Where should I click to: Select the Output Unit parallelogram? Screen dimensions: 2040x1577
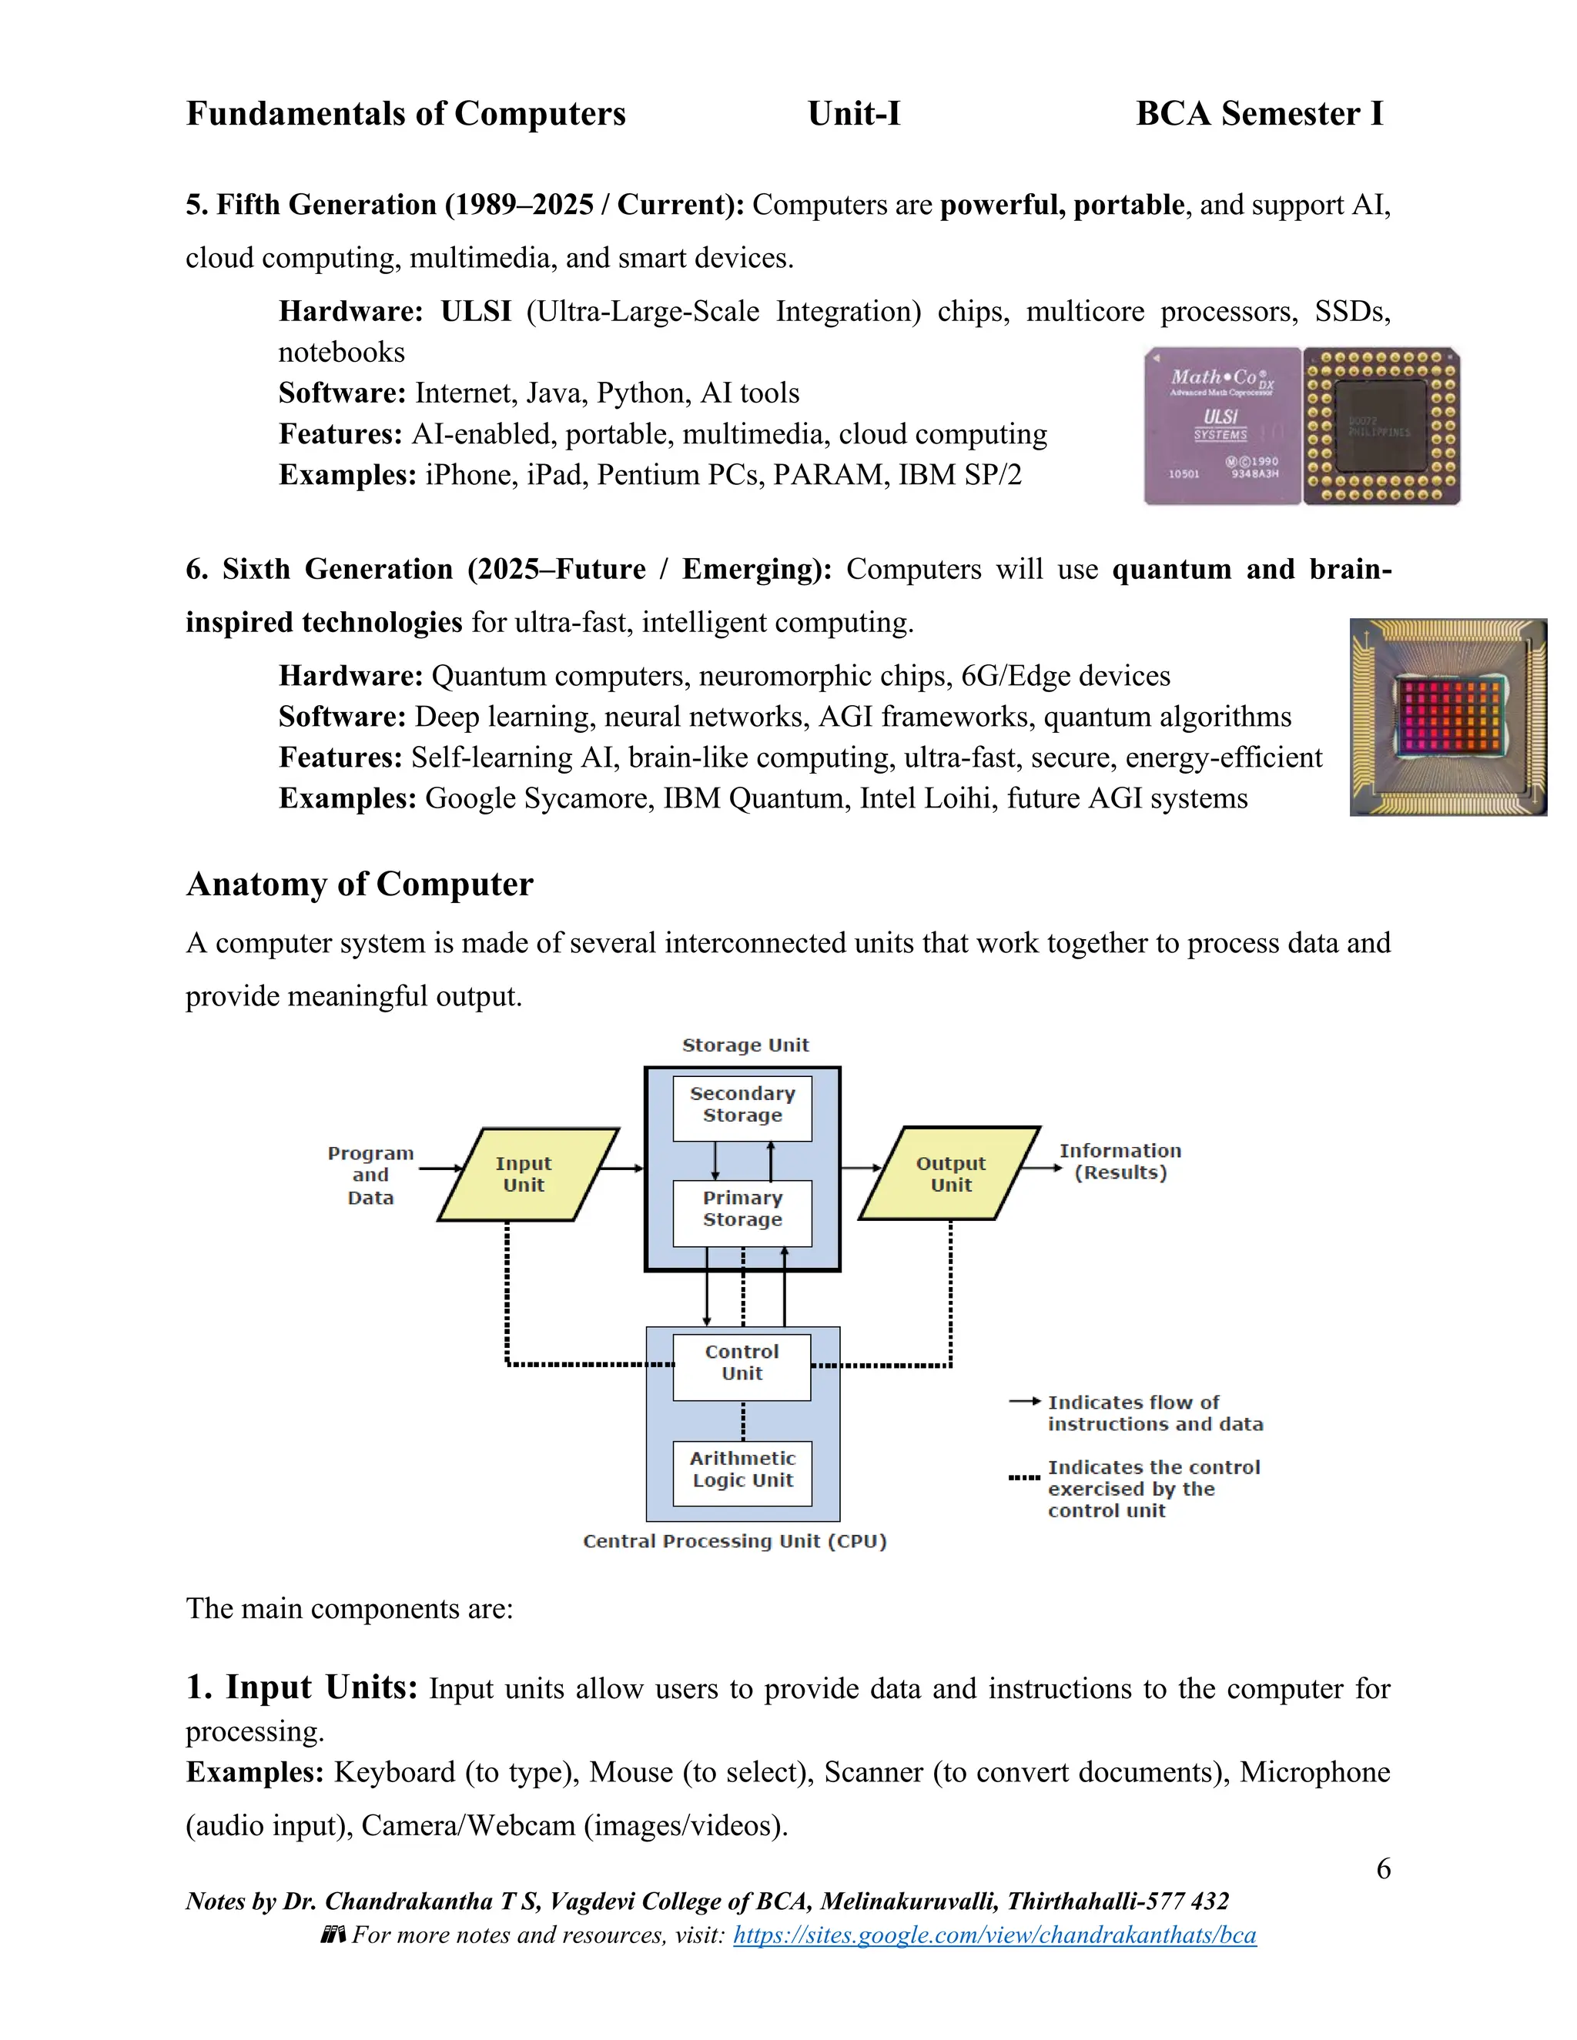(949, 1174)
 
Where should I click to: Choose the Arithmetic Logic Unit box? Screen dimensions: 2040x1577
(743, 1470)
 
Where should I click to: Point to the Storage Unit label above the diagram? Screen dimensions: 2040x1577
(745, 1045)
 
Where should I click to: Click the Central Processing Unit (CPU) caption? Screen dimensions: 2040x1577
(735, 1541)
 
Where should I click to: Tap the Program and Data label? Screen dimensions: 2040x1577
(371, 1175)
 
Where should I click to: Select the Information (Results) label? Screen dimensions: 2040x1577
(1120, 1162)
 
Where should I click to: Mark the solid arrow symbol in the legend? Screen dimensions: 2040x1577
(1025, 1402)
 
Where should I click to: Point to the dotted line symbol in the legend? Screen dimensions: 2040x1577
(1024, 1479)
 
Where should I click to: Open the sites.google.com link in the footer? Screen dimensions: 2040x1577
(994, 1935)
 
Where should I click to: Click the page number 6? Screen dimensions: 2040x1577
(1384, 1869)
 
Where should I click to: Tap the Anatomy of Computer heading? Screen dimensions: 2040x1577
(360, 885)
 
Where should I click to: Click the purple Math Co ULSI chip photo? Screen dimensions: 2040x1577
(1223, 426)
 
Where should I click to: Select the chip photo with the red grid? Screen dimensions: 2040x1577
(1448, 717)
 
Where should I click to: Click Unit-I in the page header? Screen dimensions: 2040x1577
(854, 114)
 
